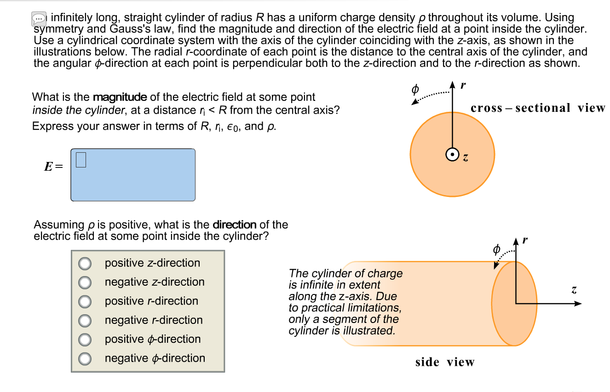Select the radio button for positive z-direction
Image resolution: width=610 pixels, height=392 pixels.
click(x=85, y=263)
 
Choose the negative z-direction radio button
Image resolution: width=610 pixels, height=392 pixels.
click(x=85, y=282)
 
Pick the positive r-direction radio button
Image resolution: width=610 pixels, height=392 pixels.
click(x=85, y=301)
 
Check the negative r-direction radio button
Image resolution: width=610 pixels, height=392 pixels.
click(x=85, y=320)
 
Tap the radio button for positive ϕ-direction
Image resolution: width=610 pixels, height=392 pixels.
click(x=85, y=340)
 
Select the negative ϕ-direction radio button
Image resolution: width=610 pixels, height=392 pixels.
click(x=85, y=358)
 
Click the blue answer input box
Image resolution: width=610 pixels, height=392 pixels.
click(x=133, y=175)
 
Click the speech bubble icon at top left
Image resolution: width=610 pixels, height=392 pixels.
click(x=39, y=19)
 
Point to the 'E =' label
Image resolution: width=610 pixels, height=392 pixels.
click(x=52, y=167)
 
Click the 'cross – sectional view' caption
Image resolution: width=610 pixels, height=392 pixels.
click(x=538, y=108)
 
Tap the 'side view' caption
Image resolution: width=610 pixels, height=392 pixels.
click(x=444, y=362)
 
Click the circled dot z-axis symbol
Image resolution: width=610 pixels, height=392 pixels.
click(x=452, y=156)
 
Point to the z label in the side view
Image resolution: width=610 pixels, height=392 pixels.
click(x=574, y=290)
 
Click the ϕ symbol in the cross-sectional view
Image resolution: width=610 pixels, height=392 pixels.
click(x=414, y=88)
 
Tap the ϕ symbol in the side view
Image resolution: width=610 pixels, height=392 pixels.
click(x=496, y=249)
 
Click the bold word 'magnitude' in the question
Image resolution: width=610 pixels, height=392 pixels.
click(x=120, y=97)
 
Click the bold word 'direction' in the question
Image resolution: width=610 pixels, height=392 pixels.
click(x=234, y=225)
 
